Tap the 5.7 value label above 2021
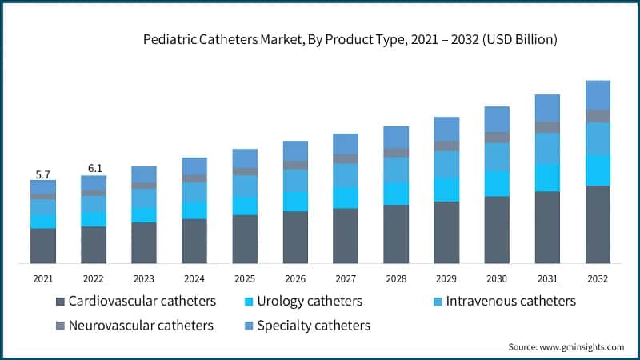(43, 174)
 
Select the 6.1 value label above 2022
(94, 169)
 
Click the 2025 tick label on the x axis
(245, 278)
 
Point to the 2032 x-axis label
(598, 278)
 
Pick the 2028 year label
(396, 278)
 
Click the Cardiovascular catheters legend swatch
(60, 302)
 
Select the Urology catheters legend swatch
(248, 302)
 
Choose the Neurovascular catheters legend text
(141, 326)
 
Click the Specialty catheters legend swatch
(248, 326)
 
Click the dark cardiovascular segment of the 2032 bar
(598, 224)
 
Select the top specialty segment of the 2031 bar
(547, 108)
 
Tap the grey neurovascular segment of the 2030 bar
(497, 137)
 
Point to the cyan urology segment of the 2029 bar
(446, 189)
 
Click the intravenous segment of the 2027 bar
(346, 175)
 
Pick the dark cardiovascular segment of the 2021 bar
(43, 246)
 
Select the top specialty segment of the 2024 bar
(194, 166)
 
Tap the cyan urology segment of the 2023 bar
(144, 214)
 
